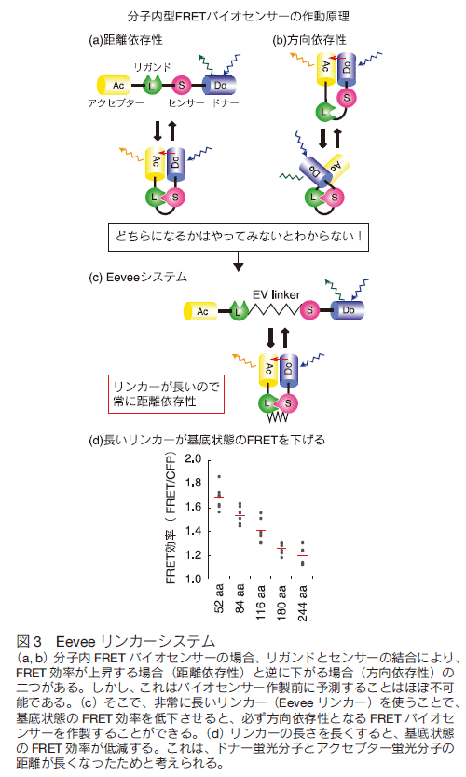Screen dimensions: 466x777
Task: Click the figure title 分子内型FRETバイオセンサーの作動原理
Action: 238,17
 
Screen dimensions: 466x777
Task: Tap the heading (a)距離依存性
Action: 126,40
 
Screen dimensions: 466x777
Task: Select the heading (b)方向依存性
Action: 309,40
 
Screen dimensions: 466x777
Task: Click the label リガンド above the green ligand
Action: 152,67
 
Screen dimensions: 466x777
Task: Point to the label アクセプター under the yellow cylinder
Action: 116,103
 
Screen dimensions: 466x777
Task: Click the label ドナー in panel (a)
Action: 225,103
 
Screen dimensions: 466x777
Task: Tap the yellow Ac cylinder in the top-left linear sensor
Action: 115,85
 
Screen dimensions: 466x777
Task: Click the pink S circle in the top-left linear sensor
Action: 181,86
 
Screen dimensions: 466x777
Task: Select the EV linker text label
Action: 276,294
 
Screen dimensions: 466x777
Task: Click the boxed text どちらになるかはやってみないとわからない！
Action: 239,237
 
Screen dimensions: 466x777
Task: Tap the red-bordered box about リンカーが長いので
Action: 167,394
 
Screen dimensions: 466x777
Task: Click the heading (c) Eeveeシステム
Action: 138,277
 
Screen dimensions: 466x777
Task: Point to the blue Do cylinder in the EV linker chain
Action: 348,310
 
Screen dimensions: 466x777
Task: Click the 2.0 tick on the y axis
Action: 193,459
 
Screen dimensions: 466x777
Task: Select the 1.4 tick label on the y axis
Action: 193,531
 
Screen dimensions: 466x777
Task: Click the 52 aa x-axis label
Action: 219,599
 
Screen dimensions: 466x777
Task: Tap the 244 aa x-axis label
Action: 302,603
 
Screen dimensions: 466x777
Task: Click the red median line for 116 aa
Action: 261,531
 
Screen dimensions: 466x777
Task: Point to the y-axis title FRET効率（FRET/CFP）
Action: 171,517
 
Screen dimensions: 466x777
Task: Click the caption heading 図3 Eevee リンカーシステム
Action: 116,641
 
